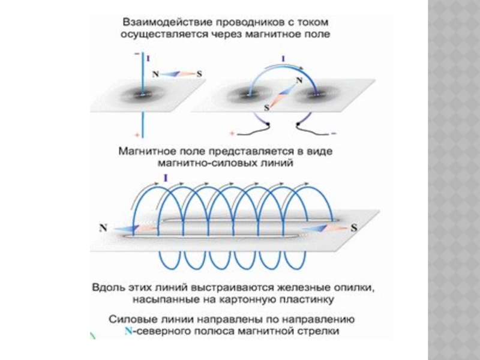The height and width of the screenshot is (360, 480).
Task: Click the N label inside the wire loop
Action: [299, 80]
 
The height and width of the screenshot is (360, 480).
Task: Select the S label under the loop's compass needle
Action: [266, 109]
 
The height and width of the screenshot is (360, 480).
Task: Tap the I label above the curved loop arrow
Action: [283, 59]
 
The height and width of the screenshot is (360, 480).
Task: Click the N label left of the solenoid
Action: [103, 228]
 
